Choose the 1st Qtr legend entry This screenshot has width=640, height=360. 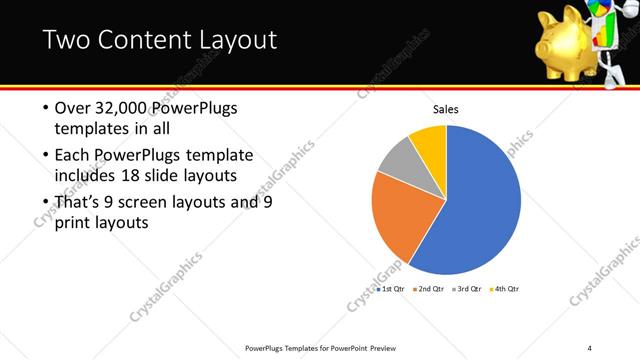point(390,288)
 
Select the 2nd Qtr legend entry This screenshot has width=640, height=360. point(428,288)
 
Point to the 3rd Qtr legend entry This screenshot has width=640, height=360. point(467,288)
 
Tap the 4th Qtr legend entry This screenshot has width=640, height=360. point(505,288)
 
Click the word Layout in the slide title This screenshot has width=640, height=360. point(231,40)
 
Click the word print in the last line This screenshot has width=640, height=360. point(72,223)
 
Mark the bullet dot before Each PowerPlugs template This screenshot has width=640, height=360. point(44,155)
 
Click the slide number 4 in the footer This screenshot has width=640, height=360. point(590,348)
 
